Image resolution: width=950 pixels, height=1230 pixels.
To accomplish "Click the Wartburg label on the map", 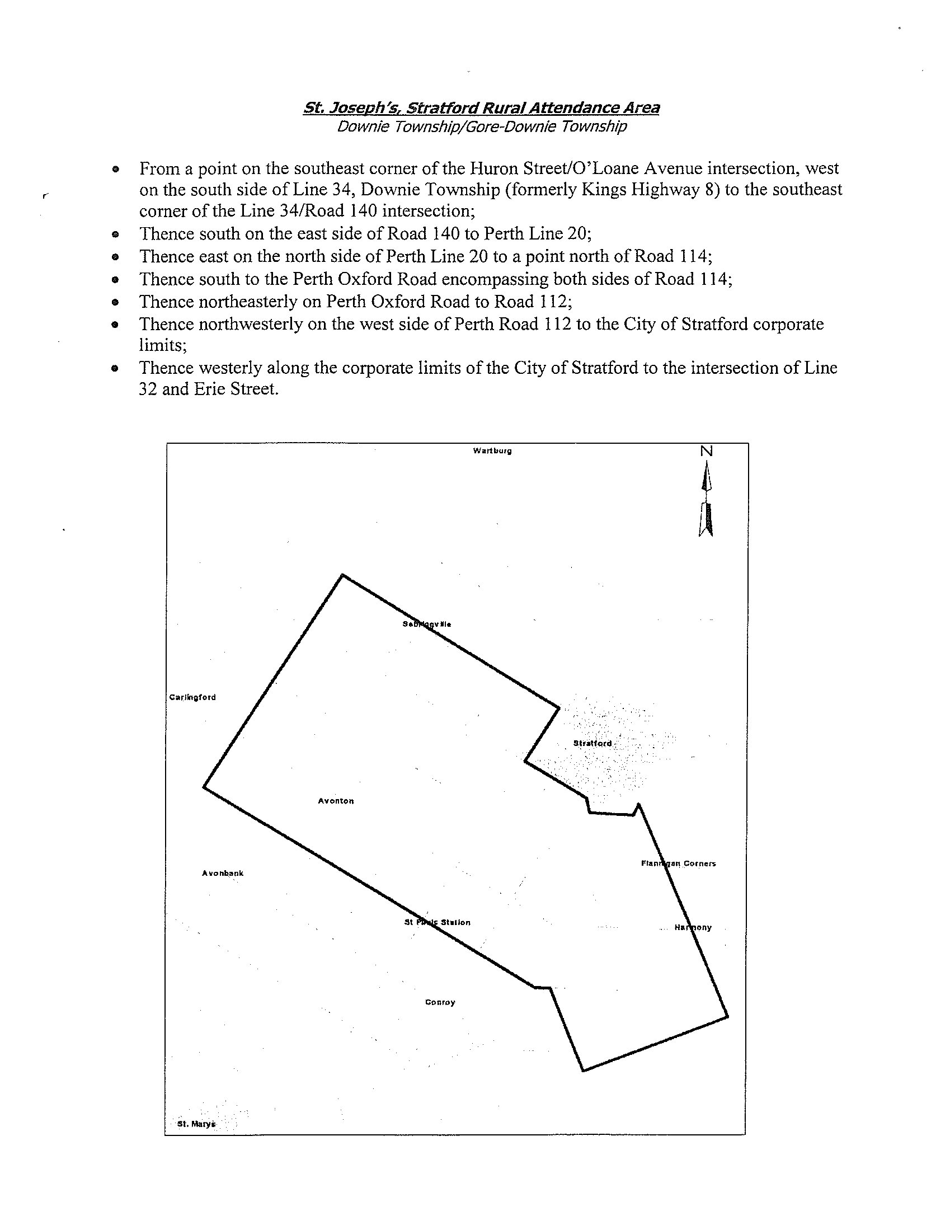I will pyautogui.click(x=492, y=450).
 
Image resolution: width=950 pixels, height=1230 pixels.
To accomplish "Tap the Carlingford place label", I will pyautogui.click(x=192, y=697).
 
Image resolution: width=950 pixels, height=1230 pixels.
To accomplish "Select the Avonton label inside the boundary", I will pyautogui.click(x=336, y=801).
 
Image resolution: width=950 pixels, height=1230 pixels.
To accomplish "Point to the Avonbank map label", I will pyautogui.click(x=223, y=873).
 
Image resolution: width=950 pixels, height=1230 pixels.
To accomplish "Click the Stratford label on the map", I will pyautogui.click(x=592, y=743).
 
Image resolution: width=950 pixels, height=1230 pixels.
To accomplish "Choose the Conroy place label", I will pyautogui.click(x=440, y=1002).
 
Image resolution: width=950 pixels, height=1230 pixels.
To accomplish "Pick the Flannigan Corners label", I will pyautogui.click(x=679, y=863).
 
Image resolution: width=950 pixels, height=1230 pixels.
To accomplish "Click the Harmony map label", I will pyautogui.click(x=693, y=928).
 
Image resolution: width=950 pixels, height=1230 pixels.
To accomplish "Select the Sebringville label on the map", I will pyautogui.click(x=427, y=624).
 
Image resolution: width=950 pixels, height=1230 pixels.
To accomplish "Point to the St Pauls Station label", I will pyautogui.click(x=438, y=922).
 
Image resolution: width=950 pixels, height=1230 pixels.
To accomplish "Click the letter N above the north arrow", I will pyautogui.click(x=706, y=451).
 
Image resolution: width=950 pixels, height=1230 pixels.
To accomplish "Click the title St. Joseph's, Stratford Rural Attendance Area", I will pyautogui.click(x=481, y=107).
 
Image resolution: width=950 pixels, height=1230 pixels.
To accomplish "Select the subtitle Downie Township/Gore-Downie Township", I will pyautogui.click(x=482, y=126).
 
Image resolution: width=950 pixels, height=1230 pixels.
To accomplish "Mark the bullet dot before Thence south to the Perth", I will pyautogui.click(x=115, y=279).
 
